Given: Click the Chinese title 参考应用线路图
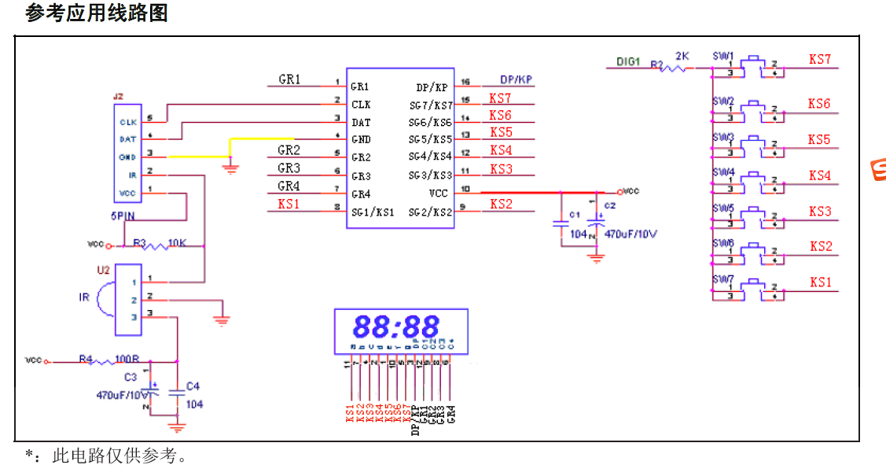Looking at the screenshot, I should click(96, 13).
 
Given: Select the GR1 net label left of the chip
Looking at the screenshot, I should click(289, 79).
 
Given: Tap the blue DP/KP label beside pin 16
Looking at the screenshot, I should click(517, 79).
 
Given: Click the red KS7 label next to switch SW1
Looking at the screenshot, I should click(819, 60).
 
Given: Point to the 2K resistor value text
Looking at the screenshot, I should click(682, 57).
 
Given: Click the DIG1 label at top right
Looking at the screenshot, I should click(628, 61).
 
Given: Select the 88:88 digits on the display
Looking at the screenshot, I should click(395, 326).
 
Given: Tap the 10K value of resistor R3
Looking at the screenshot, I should click(177, 242).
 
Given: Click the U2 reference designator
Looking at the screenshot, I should click(103, 270).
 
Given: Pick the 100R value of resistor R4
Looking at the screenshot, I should click(127, 359).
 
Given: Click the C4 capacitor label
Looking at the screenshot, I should click(192, 386).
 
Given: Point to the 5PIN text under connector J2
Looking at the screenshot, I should click(123, 216).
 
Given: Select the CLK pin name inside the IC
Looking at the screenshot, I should click(361, 105).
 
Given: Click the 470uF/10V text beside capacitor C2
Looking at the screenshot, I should click(630, 234).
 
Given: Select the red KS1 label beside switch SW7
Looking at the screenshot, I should click(821, 282).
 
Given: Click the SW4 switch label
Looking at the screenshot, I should click(723, 172).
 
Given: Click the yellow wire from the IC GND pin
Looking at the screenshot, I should click(259, 139).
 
